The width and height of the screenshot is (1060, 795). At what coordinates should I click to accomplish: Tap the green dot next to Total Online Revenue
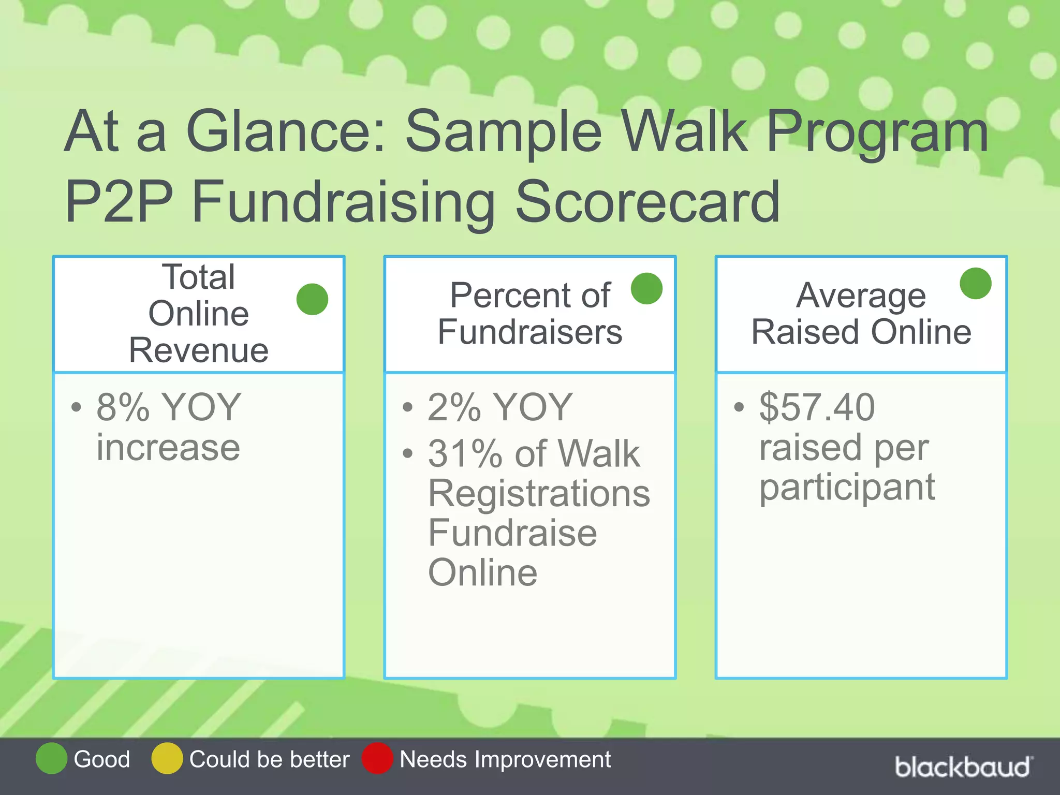click(x=312, y=299)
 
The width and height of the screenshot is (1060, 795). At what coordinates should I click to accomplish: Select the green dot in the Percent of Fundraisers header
click(x=646, y=288)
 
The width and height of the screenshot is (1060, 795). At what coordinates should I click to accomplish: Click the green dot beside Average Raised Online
click(x=975, y=283)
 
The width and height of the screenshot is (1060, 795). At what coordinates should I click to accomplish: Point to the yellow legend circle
click(x=167, y=758)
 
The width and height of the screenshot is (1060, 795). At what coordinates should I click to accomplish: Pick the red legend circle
click(x=377, y=758)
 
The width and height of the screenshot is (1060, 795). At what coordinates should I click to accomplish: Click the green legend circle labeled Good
click(x=51, y=758)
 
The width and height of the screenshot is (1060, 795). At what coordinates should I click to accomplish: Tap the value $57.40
click(x=817, y=407)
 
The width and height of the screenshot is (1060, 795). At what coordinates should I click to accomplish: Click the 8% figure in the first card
click(x=123, y=407)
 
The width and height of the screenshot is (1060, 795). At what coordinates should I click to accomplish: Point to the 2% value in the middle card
click(x=454, y=407)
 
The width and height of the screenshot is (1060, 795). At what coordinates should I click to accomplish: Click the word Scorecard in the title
click(x=647, y=202)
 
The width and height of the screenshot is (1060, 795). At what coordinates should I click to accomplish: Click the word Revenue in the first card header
click(x=199, y=350)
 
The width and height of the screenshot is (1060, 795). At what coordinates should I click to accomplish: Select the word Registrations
click(x=539, y=494)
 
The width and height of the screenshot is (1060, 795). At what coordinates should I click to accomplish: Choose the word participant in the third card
click(x=847, y=488)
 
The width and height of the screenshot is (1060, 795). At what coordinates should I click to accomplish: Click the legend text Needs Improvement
click(x=505, y=759)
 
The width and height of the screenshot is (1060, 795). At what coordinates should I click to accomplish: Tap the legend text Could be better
click(x=269, y=759)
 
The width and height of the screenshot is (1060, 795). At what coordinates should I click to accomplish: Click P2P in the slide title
click(x=119, y=202)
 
